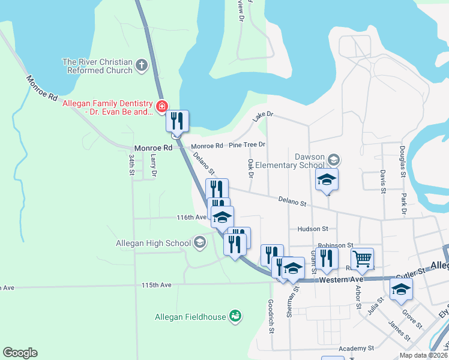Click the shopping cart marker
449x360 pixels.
click(362, 259)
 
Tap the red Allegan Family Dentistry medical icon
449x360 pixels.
click(161, 107)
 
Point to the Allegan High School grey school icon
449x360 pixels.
click(200, 243)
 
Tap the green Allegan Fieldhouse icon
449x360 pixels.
click(235, 316)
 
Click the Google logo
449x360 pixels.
click(20, 353)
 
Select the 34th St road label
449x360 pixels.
click(131, 164)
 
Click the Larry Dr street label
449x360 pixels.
click(154, 165)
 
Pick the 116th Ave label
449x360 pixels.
click(191, 217)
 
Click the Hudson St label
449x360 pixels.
click(313, 229)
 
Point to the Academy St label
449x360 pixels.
click(356, 347)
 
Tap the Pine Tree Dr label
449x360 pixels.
click(247, 145)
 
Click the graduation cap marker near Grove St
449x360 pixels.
click(401, 289)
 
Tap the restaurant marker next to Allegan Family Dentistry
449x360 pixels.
click(177, 121)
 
